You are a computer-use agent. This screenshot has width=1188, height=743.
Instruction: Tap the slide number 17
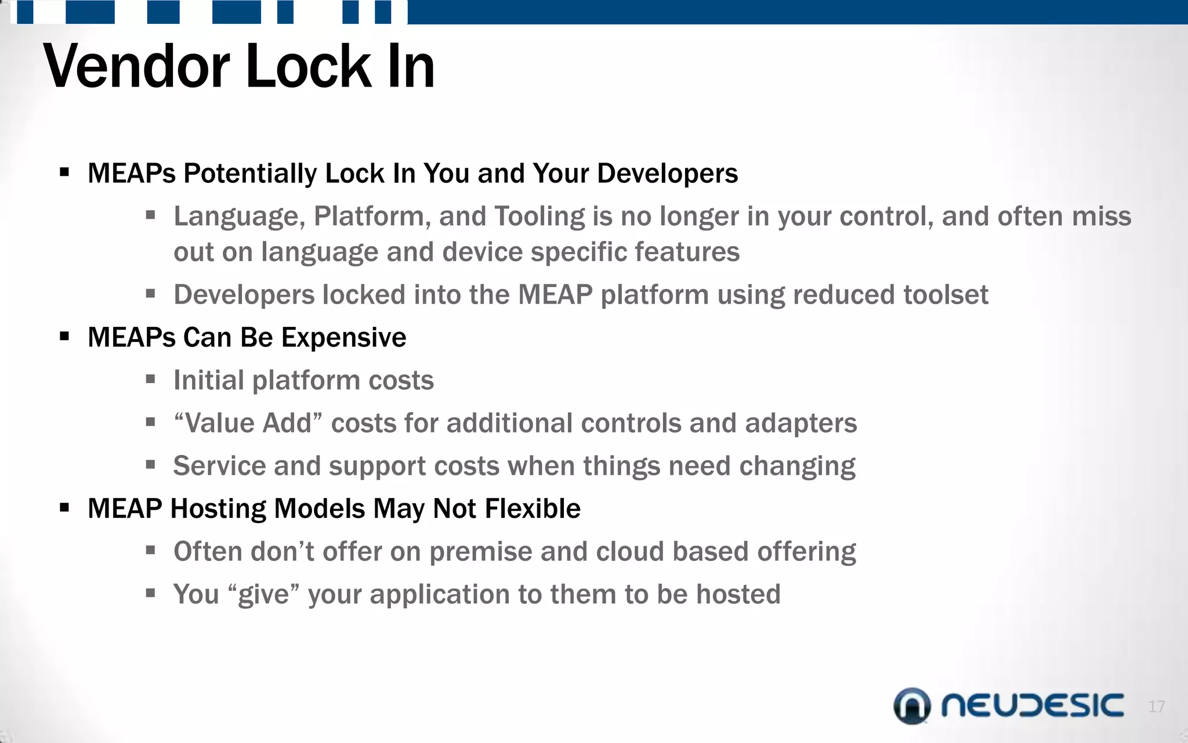pos(1156,706)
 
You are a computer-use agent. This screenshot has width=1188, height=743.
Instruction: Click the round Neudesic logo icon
pos(912,706)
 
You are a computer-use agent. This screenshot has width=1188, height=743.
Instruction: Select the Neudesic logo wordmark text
pos(1033,706)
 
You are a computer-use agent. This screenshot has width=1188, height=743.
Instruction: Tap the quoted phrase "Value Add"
pos(248,423)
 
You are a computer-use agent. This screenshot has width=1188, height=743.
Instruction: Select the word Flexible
pos(533,508)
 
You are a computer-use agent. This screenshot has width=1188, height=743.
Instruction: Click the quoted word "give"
pos(264,594)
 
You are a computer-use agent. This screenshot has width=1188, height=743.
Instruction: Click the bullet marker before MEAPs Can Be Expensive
pos(64,337)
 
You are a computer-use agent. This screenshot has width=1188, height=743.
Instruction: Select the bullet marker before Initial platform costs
pos(151,380)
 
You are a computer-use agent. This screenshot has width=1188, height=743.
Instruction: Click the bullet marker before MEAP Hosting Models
pos(64,508)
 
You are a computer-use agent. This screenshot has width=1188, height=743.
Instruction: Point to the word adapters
pos(801,423)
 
